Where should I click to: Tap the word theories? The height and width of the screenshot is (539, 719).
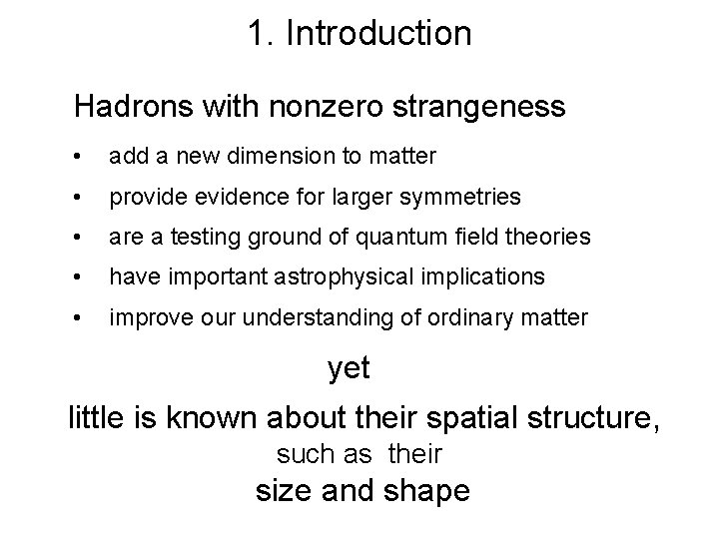point(550,238)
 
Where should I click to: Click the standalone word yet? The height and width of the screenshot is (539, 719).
point(350,368)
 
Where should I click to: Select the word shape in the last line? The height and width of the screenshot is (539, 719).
point(422,491)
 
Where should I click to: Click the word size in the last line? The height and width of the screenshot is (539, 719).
point(285,490)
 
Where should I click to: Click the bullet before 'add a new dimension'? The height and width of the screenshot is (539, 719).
point(79,158)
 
